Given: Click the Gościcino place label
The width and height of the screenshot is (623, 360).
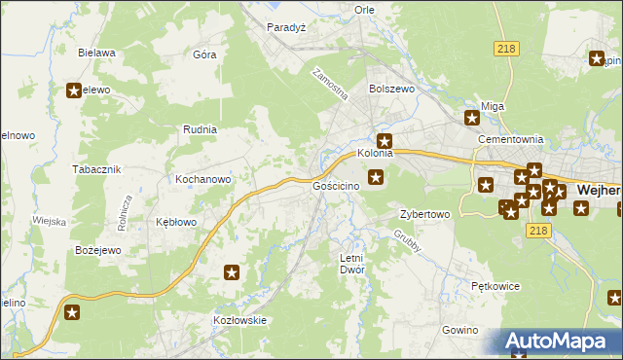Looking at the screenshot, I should click(336, 185).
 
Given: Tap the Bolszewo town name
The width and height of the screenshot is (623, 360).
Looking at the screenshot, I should click(391, 88).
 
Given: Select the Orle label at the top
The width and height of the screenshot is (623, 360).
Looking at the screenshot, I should click(365, 10).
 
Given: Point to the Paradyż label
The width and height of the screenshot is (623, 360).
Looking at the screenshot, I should click(287, 27).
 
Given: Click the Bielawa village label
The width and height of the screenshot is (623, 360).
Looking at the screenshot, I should click(97, 53).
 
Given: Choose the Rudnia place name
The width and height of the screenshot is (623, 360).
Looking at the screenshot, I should click(200, 128).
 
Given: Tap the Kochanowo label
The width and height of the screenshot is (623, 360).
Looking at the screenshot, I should click(202, 179).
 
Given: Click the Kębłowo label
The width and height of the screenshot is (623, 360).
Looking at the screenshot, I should click(176, 222).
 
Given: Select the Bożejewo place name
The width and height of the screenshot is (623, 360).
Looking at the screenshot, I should click(97, 250).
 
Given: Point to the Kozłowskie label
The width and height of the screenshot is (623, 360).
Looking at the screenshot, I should click(239, 320).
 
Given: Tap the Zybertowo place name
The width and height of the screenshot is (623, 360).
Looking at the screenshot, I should click(424, 214).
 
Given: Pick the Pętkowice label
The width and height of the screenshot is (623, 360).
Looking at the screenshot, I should click(495, 287).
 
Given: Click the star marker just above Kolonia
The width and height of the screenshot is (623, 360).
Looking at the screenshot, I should click(385, 140).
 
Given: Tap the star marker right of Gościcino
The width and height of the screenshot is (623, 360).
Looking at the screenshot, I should click(377, 177).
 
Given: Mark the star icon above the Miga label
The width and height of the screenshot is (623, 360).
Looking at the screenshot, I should click(472, 119).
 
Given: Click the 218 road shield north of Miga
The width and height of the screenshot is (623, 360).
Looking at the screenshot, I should click(505, 49).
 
